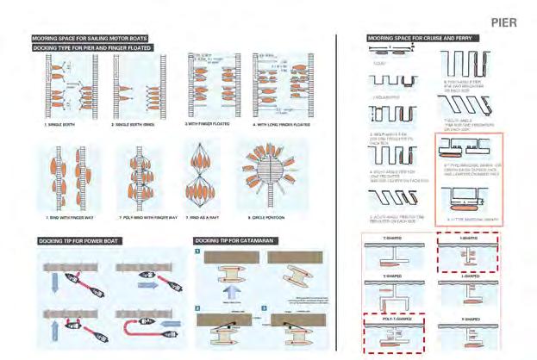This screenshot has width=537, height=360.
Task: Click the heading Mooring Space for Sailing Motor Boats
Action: point(90,39)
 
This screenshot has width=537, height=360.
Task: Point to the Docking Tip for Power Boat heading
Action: point(74,239)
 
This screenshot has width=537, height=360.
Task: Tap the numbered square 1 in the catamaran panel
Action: point(197,252)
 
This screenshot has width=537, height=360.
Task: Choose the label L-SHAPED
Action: point(466,277)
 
